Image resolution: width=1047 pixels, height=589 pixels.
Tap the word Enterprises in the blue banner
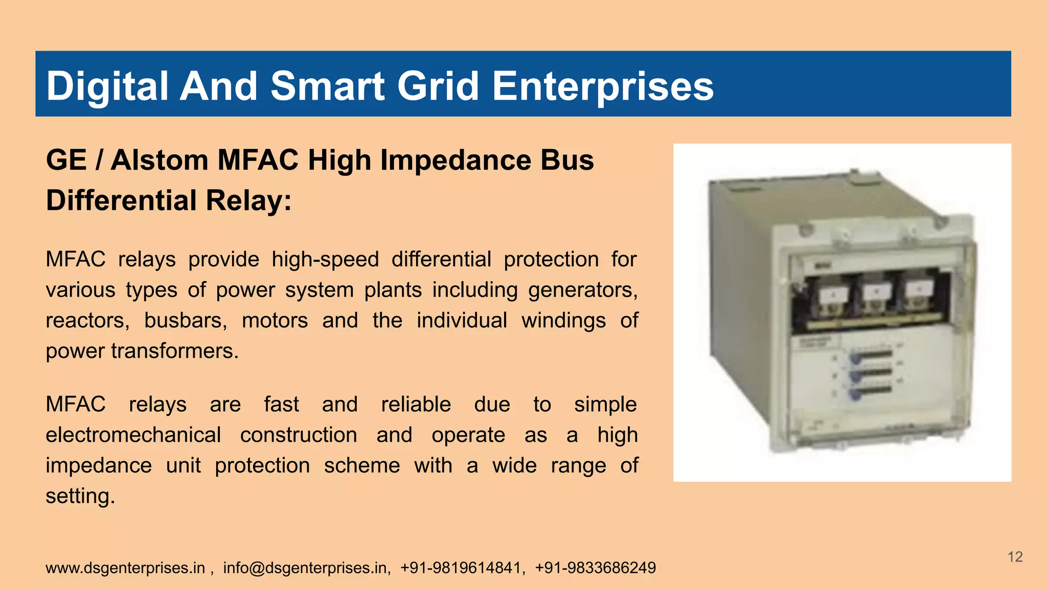tap(603, 86)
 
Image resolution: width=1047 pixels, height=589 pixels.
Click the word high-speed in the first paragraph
tap(325, 259)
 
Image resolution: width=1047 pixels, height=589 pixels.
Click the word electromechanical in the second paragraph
tap(133, 435)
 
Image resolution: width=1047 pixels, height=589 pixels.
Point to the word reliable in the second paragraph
tap(416, 404)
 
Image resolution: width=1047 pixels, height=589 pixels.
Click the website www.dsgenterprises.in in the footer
tap(125, 568)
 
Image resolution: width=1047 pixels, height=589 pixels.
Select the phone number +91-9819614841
tap(460, 568)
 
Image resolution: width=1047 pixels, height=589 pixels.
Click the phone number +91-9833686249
tap(595, 568)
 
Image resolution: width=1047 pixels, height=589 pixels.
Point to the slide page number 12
tap(1015, 557)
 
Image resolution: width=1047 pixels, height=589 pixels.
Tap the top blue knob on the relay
tap(855, 357)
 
